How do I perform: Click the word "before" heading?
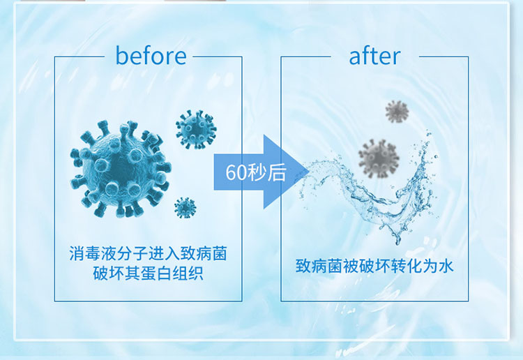(x=151, y=55)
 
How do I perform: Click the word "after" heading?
(x=374, y=56)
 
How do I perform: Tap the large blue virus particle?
(x=121, y=169)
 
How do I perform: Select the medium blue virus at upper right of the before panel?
(x=196, y=130)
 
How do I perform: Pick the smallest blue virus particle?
(x=185, y=208)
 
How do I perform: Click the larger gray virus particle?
(x=379, y=158)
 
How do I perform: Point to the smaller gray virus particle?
(x=397, y=111)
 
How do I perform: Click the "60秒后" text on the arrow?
(x=256, y=172)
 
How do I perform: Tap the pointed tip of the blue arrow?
(x=309, y=172)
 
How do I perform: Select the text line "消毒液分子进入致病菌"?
(x=148, y=253)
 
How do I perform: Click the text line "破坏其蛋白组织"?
(x=149, y=273)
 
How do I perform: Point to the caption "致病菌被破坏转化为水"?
(x=374, y=266)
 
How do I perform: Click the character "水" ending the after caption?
(x=446, y=266)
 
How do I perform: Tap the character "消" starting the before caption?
(x=77, y=253)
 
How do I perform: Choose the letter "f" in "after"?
(x=367, y=55)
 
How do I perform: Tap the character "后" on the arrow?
(x=277, y=172)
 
